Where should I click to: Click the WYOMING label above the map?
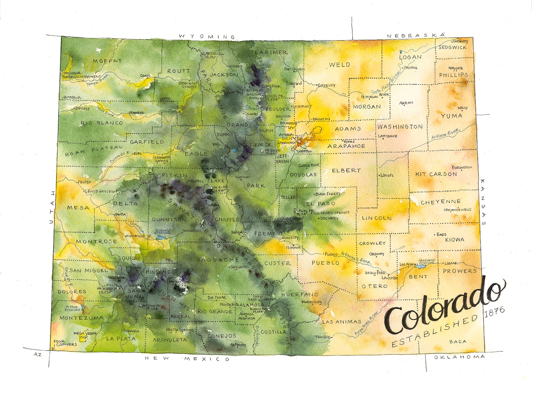207,36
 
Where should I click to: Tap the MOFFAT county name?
107,61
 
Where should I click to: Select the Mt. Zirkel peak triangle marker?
203,54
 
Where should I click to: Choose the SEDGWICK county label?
452,48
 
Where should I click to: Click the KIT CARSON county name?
436,174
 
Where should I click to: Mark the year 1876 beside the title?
495,311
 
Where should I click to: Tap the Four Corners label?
66,343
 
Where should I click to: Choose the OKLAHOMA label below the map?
459,357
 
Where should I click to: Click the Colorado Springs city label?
332,213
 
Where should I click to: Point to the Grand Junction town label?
101,191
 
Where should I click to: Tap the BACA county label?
458,342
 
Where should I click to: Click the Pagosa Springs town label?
180,330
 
